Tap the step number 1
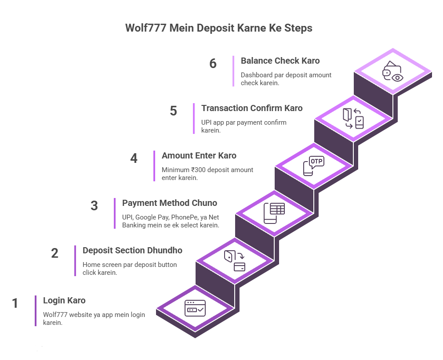click(x=15, y=303)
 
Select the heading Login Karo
click(x=64, y=301)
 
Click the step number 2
click(x=54, y=253)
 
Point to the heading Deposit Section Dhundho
click(x=132, y=251)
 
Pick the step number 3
click(x=94, y=206)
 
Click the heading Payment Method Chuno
click(x=170, y=203)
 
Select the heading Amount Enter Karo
click(x=199, y=156)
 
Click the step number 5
click(x=173, y=111)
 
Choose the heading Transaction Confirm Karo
click(x=252, y=108)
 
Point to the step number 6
click(x=213, y=64)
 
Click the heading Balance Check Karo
click(x=280, y=61)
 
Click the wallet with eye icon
click(x=392, y=72)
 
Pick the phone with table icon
click(x=274, y=213)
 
